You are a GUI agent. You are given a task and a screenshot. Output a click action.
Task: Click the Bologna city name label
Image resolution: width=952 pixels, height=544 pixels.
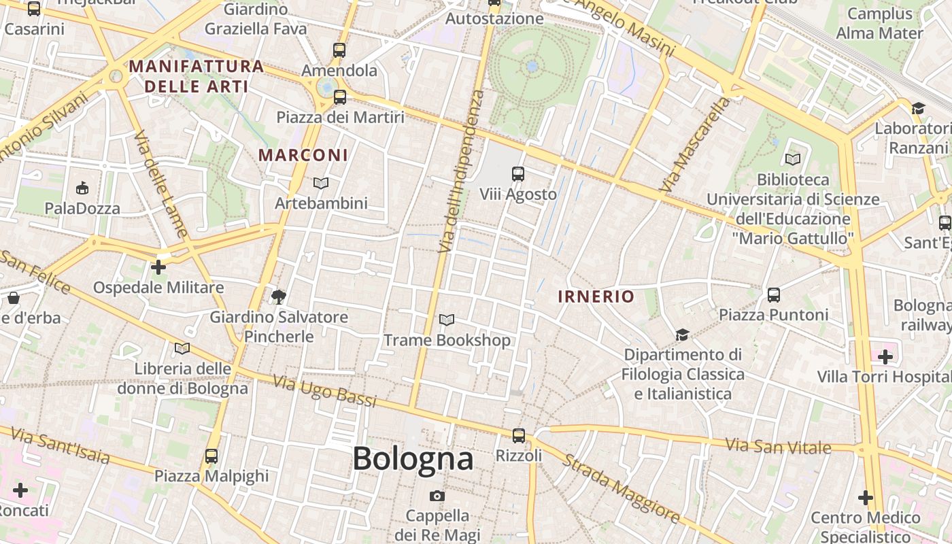coord(413,459)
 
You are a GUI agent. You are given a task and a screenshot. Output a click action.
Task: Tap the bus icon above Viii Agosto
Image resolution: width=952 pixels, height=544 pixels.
coord(518,174)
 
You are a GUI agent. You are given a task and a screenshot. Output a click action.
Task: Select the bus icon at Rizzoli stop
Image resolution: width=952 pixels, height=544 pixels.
coord(519,436)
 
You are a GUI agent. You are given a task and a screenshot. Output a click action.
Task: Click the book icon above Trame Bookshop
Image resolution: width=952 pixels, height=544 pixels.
coord(447,320)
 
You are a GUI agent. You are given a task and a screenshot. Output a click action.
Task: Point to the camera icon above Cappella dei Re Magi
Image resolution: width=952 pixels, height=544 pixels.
coord(437,496)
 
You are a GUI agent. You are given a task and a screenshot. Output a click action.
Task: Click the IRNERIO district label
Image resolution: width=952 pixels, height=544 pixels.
coord(596,296)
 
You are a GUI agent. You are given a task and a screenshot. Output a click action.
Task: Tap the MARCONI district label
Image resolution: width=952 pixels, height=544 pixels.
coord(303,155)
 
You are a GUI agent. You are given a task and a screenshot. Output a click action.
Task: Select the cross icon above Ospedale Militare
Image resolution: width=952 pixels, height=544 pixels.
coord(158,267)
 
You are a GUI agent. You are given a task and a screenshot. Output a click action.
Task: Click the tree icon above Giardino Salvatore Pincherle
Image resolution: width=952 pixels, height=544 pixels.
coord(278,296)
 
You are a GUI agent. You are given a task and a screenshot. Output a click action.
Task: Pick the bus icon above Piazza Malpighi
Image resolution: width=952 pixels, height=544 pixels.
coord(211,456)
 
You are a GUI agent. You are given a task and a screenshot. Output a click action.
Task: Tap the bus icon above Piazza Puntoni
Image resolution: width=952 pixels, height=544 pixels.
coord(774,294)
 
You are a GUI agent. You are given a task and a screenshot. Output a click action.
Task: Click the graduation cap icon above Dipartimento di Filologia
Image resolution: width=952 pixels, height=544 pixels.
coord(682,335)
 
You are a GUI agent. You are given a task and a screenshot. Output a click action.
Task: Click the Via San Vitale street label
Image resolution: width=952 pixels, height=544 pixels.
coord(778,447)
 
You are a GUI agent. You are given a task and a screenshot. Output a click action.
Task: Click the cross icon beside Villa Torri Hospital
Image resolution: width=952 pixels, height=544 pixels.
coord(885,357)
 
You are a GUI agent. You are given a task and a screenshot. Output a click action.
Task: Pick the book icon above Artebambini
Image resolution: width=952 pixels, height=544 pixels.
coord(321,183)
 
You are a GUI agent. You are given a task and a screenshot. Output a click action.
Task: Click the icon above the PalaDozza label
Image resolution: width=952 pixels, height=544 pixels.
coord(82,188)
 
